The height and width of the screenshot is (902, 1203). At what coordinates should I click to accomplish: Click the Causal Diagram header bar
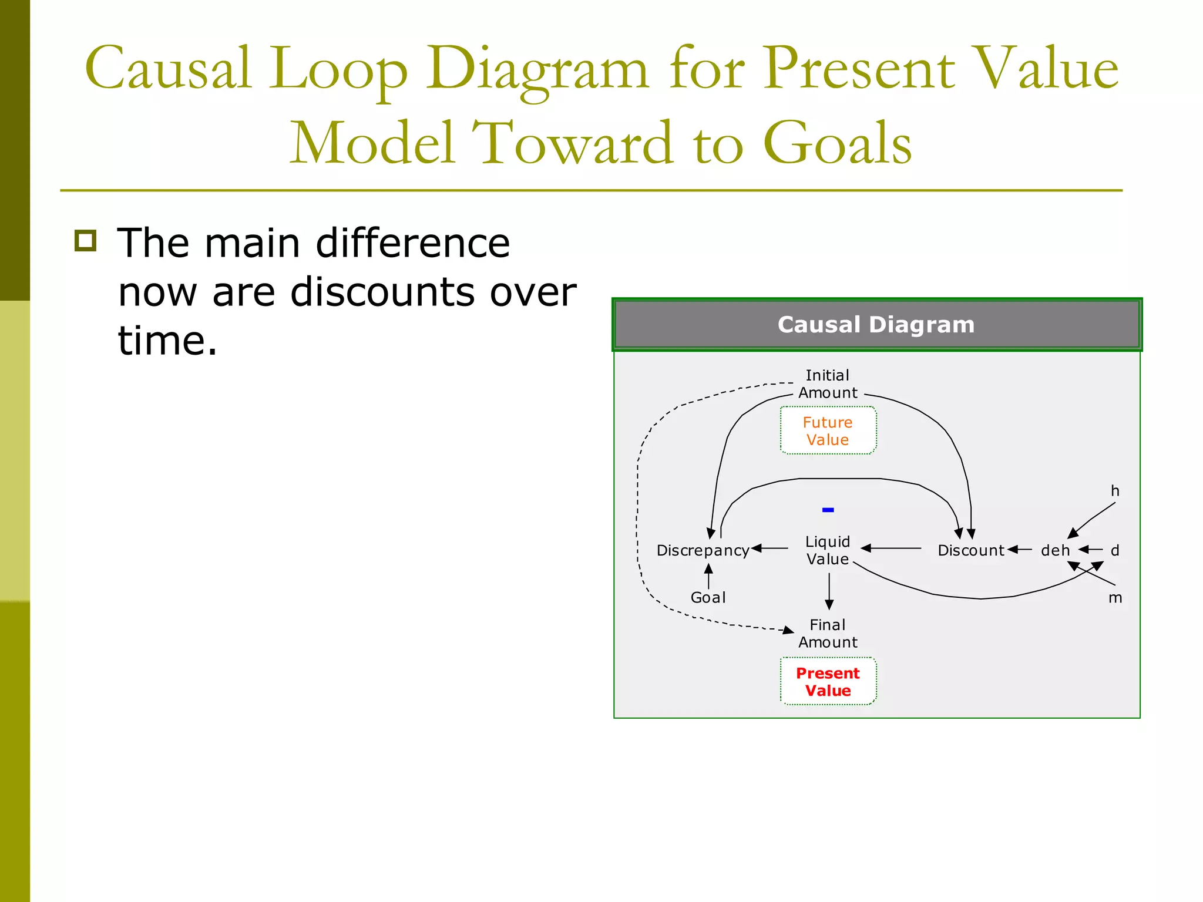click(x=876, y=325)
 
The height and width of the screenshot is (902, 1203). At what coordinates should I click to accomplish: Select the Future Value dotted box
click(x=828, y=430)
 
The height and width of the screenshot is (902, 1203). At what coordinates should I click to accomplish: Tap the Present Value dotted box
click(x=828, y=681)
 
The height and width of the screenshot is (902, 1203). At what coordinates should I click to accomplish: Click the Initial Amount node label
click(x=828, y=384)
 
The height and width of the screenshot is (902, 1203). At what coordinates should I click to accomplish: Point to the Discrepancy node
click(x=703, y=550)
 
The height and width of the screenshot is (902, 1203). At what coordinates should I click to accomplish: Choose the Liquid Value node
click(x=828, y=550)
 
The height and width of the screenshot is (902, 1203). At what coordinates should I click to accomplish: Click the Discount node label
click(x=970, y=550)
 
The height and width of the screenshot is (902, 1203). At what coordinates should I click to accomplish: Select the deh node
click(x=1055, y=550)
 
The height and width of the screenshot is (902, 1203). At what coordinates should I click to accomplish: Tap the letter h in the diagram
click(x=1115, y=491)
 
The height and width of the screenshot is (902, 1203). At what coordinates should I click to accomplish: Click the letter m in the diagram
click(x=1115, y=598)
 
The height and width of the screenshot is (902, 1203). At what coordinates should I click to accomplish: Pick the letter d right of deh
click(x=1115, y=550)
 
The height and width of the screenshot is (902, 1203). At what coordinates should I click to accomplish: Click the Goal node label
click(x=708, y=597)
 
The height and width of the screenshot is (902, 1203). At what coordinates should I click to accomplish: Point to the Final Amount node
click(x=828, y=633)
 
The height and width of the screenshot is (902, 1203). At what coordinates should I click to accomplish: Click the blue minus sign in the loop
click(x=828, y=510)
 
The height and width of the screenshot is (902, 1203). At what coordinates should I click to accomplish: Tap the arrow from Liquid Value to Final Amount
click(x=829, y=591)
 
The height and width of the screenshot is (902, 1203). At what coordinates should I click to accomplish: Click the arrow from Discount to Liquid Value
click(x=891, y=548)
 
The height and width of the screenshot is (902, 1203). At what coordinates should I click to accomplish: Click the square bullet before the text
click(x=86, y=241)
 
